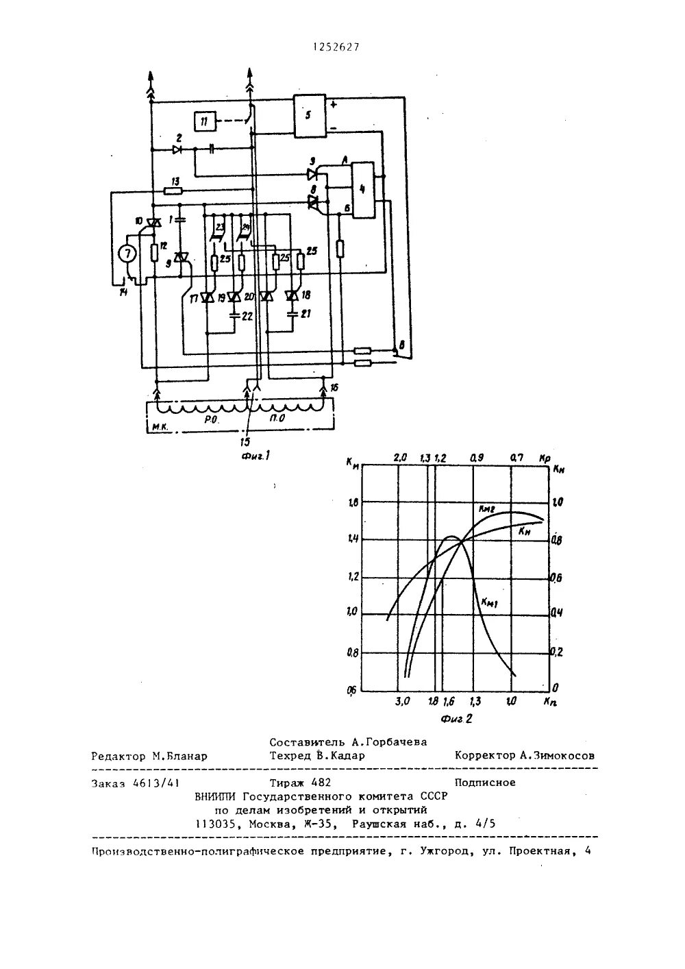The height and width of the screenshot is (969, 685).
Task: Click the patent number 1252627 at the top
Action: tap(336, 47)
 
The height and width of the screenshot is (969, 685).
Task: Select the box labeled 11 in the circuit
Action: tap(203, 122)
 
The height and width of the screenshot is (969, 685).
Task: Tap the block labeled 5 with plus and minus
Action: tap(310, 116)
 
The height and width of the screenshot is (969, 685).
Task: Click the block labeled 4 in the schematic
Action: tap(362, 190)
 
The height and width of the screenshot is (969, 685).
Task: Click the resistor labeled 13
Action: tap(175, 189)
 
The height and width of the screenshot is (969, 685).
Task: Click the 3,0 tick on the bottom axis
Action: tap(402, 701)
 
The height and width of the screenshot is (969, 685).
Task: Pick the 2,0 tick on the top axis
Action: tap(400, 458)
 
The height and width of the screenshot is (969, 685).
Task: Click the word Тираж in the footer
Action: tap(288, 783)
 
